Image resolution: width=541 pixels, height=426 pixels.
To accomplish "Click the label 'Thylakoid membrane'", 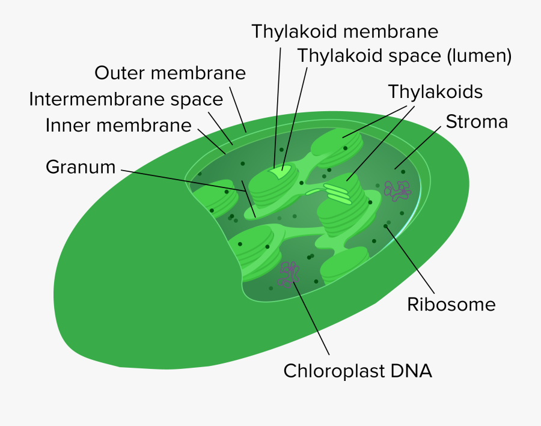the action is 344,31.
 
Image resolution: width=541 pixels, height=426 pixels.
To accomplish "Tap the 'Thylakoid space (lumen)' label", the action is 404,56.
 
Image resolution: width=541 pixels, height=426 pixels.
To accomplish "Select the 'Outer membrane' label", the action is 170,73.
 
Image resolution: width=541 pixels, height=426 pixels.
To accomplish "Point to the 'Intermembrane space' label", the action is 126,99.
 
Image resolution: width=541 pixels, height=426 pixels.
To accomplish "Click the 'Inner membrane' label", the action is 118,126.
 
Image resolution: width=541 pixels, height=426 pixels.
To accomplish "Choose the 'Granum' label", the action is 81,167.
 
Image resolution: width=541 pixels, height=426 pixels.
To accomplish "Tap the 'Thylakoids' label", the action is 435,92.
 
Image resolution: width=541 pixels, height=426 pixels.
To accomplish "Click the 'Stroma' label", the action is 477,122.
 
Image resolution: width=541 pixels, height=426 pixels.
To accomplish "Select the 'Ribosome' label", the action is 451,304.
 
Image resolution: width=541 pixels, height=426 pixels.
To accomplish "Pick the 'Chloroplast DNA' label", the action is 358,370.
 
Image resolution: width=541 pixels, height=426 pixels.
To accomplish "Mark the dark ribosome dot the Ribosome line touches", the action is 386,226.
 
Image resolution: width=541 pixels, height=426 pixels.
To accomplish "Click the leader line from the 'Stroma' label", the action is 421,147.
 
